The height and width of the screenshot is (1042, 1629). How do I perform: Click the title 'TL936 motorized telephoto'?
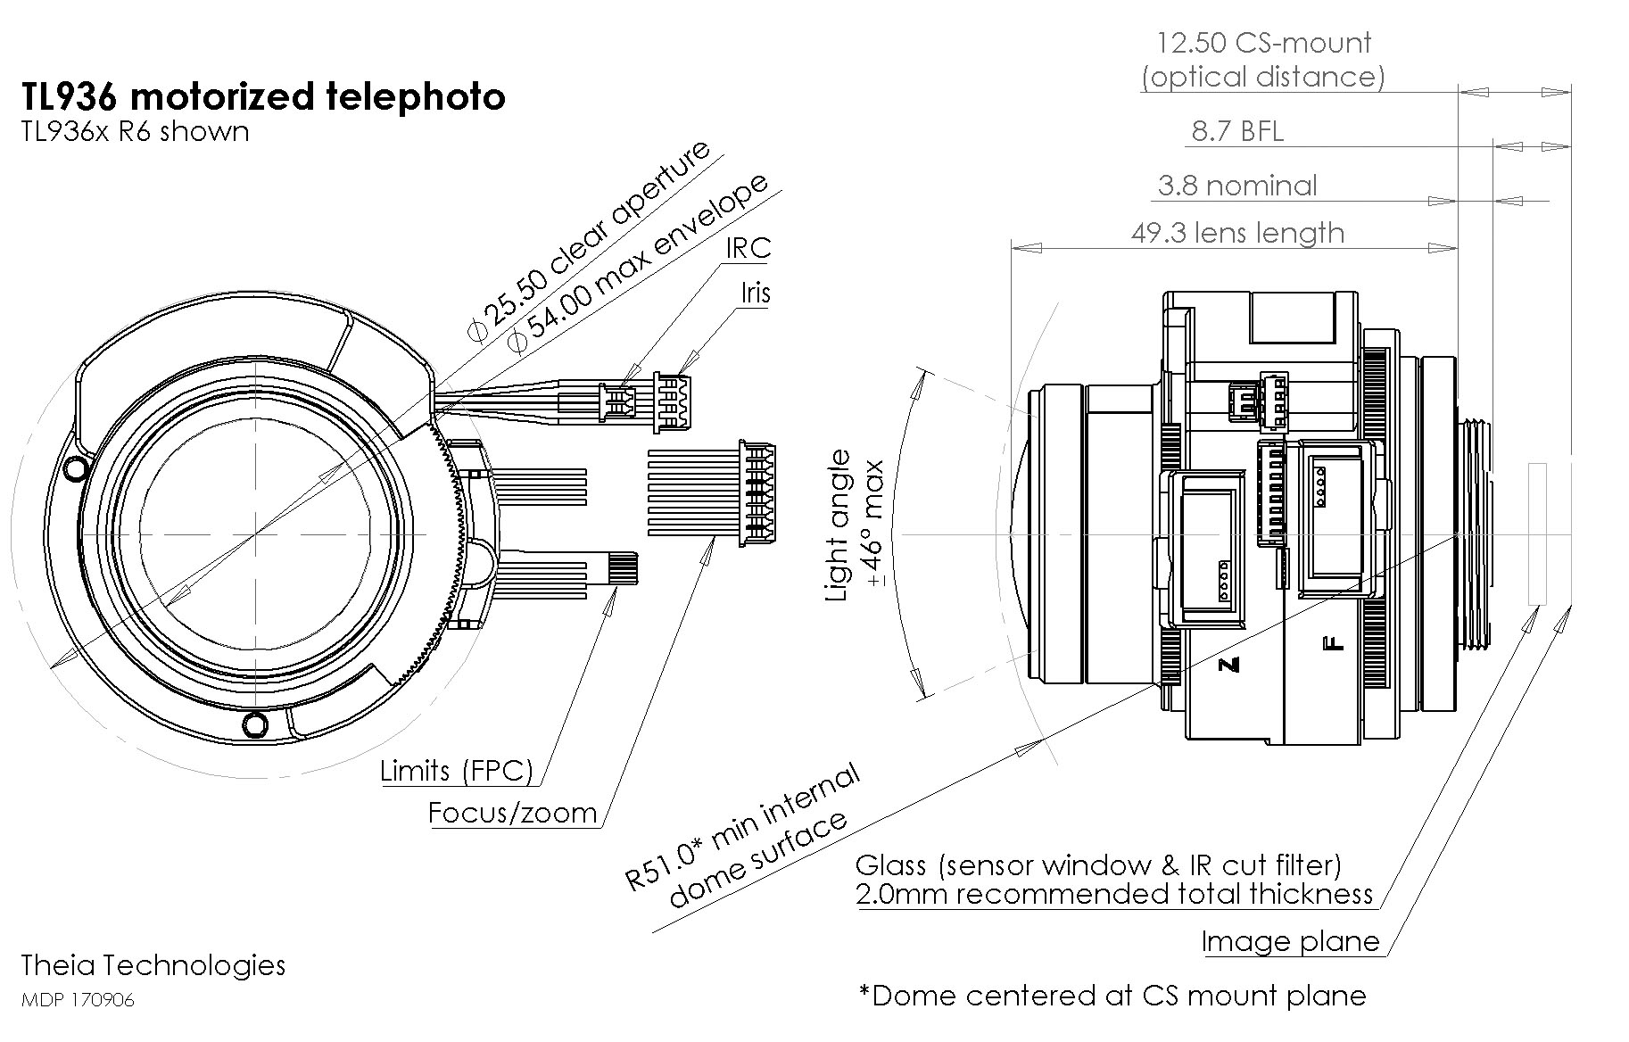tap(263, 97)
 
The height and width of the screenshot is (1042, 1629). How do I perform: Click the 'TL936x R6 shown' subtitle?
tap(135, 132)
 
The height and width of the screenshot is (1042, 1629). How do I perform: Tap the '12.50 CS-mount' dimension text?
tap(1263, 43)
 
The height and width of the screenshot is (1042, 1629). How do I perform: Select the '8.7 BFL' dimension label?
tap(1237, 132)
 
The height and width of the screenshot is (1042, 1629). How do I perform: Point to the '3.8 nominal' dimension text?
tap(1236, 186)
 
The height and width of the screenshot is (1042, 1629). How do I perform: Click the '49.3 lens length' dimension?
tap(1237, 233)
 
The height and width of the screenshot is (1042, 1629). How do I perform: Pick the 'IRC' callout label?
tap(748, 248)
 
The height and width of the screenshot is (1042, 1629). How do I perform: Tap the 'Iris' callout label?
tap(755, 293)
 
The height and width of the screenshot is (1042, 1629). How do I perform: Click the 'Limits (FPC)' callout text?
tap(456, 771)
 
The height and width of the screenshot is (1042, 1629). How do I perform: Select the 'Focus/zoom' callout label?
tap(512, 813)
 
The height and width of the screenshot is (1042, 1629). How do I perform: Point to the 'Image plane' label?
tap(1290, 941)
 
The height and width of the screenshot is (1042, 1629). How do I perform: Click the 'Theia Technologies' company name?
tap(153, 965)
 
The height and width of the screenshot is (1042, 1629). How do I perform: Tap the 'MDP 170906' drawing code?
tap(78, 1000)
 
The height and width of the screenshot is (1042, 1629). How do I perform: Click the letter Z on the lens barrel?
tap(1229, 665)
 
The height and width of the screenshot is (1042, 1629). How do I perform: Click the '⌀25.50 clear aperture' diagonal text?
tap(589, 241)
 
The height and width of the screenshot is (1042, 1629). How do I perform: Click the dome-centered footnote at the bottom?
tap(1112, 995)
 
